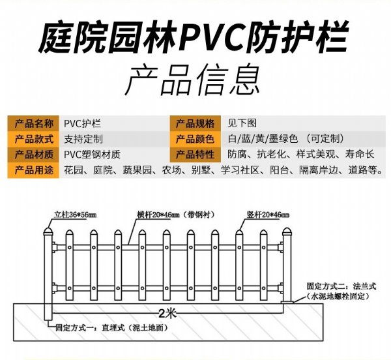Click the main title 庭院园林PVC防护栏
pos(195,38)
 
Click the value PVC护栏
pos(83,123)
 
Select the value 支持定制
pos(83,139)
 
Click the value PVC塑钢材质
pos(93,155)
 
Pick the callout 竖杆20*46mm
pos(268,214)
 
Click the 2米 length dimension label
pos(167,312)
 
